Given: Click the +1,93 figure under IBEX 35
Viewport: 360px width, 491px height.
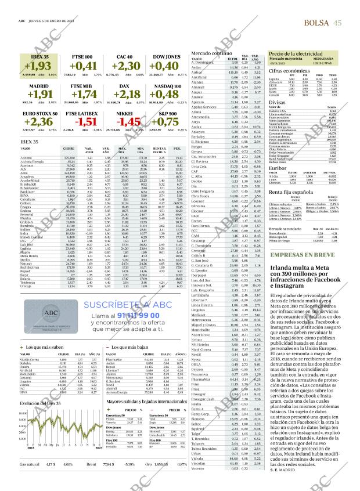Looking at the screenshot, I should [x=38, y=67].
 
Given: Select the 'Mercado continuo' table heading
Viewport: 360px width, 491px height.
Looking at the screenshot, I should [x=210, y=53].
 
